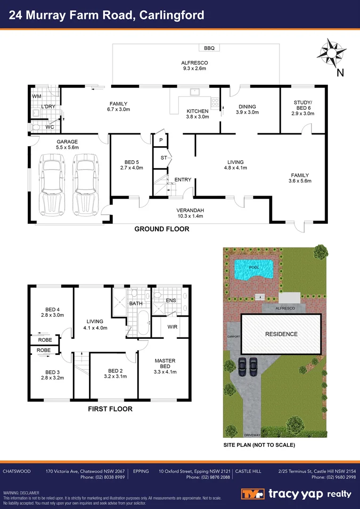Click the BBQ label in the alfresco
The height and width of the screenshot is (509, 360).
pos(209,48)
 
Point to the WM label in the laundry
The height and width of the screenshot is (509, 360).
pos(37,96)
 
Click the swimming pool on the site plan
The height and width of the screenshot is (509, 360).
pos(253,270)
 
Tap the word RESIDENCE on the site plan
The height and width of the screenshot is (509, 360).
pos(281,334)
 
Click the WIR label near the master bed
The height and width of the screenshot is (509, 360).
pos(172,327)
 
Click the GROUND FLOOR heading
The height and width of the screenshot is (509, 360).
pos(162,229)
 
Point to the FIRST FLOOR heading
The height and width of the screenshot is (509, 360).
pos(110,409)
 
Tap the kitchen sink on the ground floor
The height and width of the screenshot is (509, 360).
pos(195,92)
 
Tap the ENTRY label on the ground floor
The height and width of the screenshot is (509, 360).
pos(182,180)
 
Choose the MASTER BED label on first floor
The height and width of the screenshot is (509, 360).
pos(165,363)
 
